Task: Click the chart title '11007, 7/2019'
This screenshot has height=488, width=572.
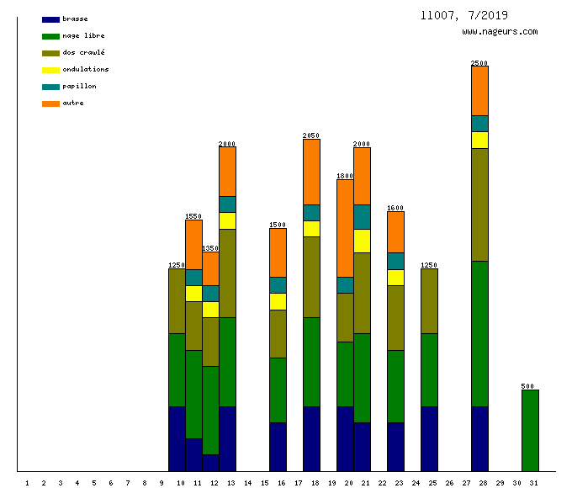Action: [463, 15]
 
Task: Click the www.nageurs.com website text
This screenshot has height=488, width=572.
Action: [500, 32]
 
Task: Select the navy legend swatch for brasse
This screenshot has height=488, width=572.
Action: [50, 19]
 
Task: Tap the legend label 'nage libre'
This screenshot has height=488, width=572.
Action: [83, 36]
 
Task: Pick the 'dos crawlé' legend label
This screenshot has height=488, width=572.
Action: [83, 53]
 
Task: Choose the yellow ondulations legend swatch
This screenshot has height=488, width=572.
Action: [50, 70]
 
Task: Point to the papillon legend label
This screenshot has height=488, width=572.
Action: [79, 87]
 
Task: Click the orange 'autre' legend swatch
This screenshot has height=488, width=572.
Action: [50, 103]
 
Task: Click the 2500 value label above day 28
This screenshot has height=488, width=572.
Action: [479, 63]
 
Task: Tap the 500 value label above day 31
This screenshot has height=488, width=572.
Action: [527, 386]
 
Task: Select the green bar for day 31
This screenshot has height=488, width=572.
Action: [530, 430]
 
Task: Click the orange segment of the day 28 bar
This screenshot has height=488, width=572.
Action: [479, 90]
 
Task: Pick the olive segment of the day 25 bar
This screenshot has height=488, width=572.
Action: [429, 301]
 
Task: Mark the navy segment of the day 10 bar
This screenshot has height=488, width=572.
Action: [177, 438]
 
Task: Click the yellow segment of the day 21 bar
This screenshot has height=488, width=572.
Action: [362, 241]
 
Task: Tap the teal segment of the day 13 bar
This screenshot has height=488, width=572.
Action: [227, 204]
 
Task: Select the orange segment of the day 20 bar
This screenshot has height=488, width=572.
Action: [345, 228]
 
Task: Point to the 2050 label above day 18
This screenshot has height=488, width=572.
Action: [311, 135]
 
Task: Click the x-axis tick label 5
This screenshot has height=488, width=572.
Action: [94, 483]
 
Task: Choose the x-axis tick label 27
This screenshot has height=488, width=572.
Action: [466, 483]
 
